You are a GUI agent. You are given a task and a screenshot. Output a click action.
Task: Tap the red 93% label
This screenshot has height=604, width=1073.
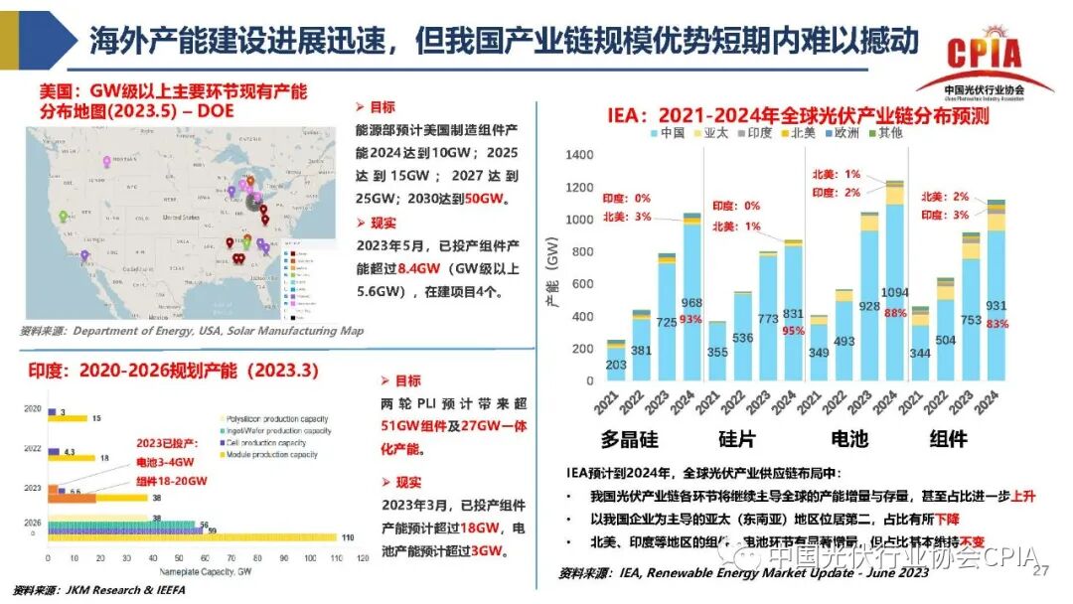(691, 319)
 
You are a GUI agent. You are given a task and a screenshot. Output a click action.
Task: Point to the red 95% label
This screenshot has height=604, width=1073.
(792, 331)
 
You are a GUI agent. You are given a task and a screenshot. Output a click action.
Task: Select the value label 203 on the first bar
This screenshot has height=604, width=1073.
(616, 365)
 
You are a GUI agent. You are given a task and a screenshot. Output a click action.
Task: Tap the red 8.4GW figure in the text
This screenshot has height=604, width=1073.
(418, 268)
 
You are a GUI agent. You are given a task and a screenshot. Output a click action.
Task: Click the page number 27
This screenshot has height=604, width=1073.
(1041, 571)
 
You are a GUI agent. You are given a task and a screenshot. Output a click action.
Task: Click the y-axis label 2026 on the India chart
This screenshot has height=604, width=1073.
(33, 523)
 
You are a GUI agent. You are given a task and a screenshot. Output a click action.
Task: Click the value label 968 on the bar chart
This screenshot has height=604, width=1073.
(691, 303)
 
